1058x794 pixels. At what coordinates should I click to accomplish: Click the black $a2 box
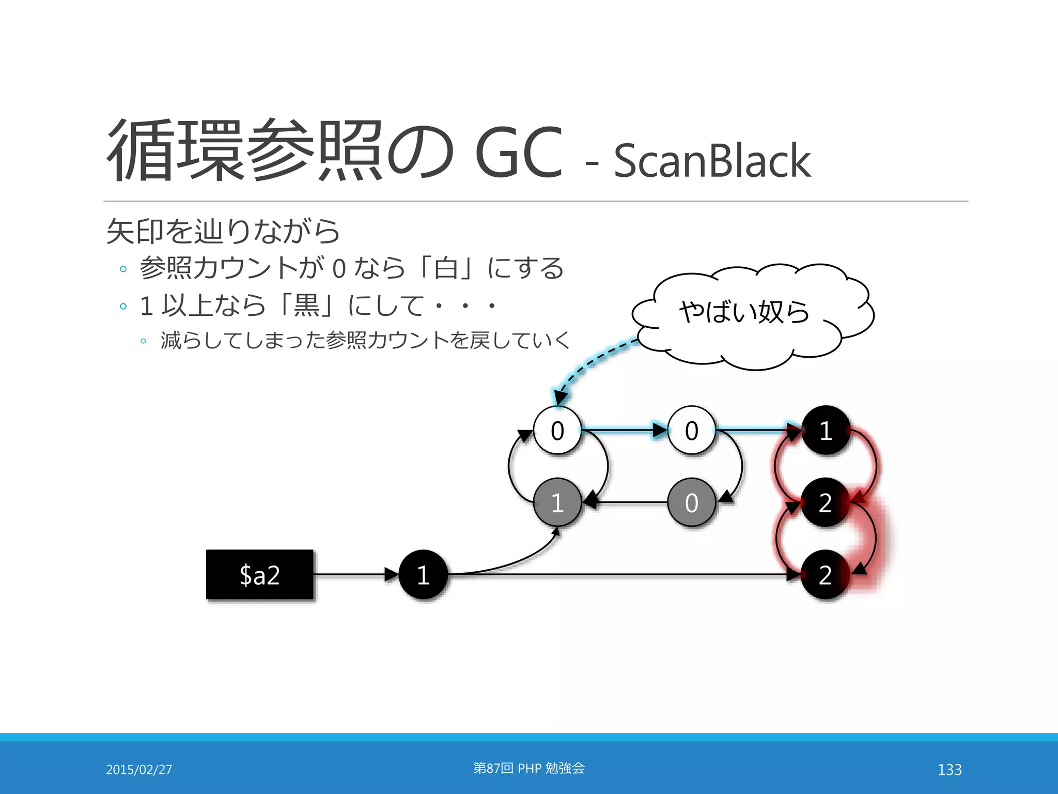(x=260, y=574)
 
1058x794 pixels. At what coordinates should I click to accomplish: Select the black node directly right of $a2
(x=423, y=574)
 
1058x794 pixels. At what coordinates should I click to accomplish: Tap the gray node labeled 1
(x=557, y=502)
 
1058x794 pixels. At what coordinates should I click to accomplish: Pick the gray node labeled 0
(x=691, y=502)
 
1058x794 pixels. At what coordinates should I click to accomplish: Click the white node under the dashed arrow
(x=557, y=430)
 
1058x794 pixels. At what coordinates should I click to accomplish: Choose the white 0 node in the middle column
(x=691, y=430)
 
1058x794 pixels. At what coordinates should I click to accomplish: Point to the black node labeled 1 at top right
(x=826, y=430)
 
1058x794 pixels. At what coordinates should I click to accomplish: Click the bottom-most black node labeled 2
(x=826, y=574)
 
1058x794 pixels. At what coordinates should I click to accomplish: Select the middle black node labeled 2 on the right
(x=826, y=502)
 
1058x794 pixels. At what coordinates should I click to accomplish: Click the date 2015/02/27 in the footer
(x=139, y=769)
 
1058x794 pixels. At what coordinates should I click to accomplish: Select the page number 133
(x=950, y=769)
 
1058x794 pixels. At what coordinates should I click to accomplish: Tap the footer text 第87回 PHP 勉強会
(x=528, y=768)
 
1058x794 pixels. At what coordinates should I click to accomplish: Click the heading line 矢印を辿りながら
(x=223, y=231)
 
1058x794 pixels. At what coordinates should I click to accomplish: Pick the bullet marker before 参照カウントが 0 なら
(x=123, y=269)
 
